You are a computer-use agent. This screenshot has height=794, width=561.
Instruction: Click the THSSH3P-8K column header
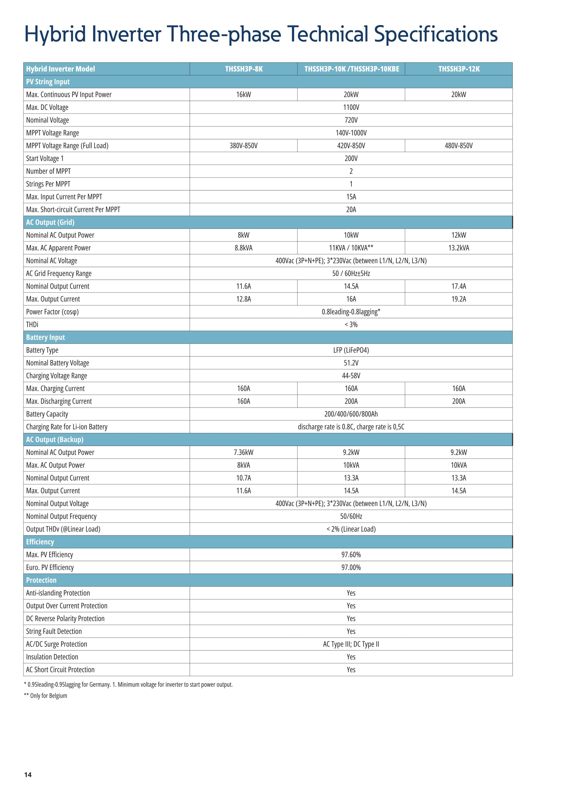click(244, 69)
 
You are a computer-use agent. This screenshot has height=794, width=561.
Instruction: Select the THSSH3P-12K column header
click(459, 69)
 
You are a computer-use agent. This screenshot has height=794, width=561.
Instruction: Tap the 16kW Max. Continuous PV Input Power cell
click(244, 94)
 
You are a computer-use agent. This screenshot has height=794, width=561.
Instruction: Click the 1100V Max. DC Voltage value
click(351, 107)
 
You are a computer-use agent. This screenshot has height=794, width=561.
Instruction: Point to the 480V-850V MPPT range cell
click(459, 145)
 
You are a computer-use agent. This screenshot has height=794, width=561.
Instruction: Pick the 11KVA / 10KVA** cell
click(351, 248)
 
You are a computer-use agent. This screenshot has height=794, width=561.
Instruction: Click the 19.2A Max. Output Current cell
click(459, 299)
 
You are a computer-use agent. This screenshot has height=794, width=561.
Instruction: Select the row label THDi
click(32, 325)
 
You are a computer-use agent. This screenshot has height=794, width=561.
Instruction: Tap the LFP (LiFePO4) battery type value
click(351, 350)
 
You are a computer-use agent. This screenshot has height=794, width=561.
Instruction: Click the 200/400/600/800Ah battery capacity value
click(351, 414)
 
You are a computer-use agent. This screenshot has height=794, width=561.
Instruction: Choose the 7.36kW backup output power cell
click(244, 452)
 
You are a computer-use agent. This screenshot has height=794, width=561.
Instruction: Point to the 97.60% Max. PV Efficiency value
click(351, 555)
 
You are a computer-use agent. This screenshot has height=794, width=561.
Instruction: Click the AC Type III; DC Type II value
click(351, 644)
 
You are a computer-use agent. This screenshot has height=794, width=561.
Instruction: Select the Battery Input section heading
click(45, 337)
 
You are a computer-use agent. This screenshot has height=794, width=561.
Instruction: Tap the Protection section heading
click(41, 580)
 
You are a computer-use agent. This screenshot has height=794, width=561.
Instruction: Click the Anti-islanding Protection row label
click(58, 593)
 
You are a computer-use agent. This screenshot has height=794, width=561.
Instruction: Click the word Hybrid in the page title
click(55, 34)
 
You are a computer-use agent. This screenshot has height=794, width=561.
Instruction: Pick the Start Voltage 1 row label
click(45, 158)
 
